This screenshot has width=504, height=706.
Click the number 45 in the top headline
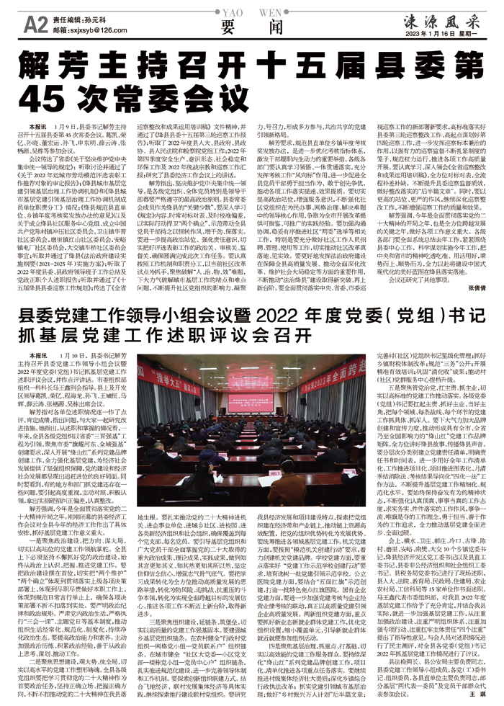click(x=42, y=95)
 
